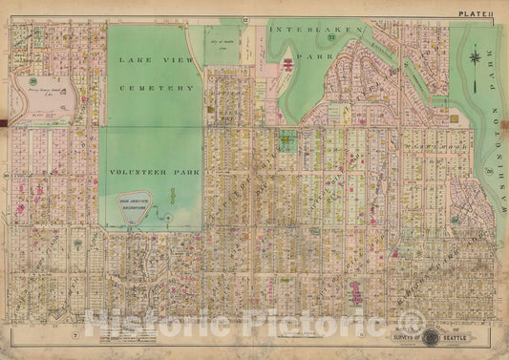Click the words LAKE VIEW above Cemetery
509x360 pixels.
153,60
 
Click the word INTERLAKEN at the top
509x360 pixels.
303,31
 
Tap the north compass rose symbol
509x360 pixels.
474,61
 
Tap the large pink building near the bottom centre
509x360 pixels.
356,292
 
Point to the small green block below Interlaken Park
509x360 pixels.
287,139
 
